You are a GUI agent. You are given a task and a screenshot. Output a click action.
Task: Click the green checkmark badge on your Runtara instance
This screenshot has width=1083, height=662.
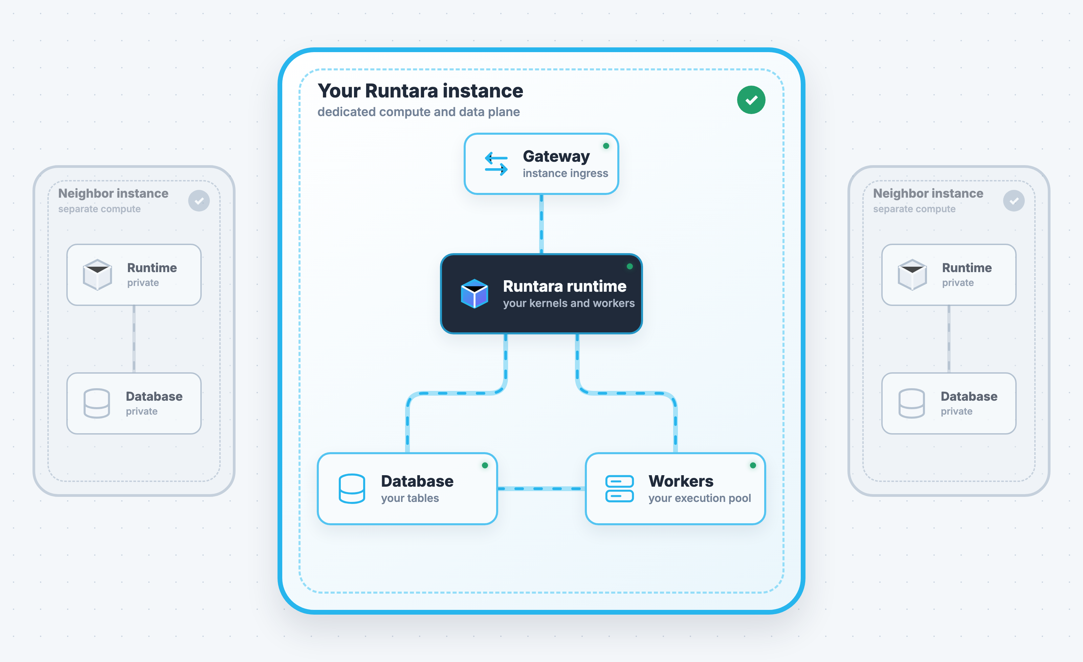tap(751, 100)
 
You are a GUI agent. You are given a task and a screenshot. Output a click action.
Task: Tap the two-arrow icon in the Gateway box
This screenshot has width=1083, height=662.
tap(496, 163)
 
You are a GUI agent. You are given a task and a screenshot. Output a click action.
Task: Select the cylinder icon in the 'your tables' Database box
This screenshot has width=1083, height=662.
tap(352, 488)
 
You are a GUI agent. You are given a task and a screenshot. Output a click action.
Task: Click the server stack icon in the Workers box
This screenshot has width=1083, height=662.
tap(619, 488)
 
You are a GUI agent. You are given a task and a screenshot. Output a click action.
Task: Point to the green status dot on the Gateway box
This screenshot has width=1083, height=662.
tap(606, 146)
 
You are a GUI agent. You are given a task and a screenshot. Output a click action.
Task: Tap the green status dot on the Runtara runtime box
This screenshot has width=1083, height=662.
tap(630, 266)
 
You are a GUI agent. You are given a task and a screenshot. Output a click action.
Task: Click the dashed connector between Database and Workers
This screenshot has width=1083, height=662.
tap(541, 489)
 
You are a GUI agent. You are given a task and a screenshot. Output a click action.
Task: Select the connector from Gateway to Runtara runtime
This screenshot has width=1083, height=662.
tap(541, 224)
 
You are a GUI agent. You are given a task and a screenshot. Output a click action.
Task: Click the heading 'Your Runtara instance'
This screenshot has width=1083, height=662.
tap(420, 91)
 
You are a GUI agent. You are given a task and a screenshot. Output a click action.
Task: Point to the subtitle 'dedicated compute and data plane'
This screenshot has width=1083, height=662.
tap(418, 112)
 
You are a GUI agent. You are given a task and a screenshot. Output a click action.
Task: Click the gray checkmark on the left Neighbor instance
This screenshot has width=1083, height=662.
tap(199, 201)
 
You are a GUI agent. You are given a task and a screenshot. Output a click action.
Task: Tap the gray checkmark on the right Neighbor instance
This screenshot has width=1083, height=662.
tap(1014, 201)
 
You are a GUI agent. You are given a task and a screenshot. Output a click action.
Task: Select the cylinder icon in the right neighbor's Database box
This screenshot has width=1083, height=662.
tap(912, 403)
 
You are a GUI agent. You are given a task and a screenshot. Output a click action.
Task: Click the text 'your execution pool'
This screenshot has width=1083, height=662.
tap(700, 499)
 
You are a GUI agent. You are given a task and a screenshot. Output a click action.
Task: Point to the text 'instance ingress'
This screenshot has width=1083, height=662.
tap(565, 173)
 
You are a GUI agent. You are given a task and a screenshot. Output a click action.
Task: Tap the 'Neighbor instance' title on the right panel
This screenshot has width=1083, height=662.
tap(928, 193)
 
